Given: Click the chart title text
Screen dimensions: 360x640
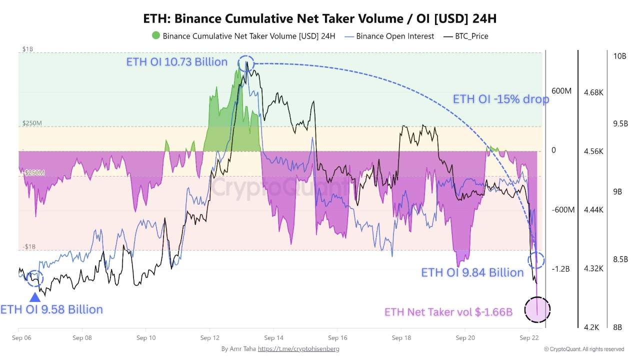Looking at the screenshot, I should tap(320, 18).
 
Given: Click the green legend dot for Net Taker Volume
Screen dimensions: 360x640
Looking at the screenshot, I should tap(156, 36).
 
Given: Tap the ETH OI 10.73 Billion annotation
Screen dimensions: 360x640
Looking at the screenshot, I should tap(176, 62).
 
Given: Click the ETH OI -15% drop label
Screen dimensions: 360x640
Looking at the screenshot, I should tap(500, 99).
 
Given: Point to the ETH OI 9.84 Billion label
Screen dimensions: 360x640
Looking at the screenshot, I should tap(472, 272).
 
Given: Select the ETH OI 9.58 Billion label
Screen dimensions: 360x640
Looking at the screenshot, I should tap(51, 309).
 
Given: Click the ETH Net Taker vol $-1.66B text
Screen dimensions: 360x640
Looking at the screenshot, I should tap(448, 312).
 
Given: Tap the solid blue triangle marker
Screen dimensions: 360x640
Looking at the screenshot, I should tap(34, 297).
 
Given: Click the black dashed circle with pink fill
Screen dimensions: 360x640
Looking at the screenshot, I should tap(537, 309).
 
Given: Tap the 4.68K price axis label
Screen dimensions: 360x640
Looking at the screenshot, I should tap(593, 92).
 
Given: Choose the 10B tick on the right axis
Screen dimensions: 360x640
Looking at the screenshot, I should tap(619, 56).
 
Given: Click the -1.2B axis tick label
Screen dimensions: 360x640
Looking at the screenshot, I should tap(560, 269).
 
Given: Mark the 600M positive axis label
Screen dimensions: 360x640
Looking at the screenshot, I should tap(561, 91).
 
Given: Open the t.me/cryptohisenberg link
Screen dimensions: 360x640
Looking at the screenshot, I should tap(298, 349).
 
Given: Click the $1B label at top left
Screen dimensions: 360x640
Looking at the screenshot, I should tap(27, 49).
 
